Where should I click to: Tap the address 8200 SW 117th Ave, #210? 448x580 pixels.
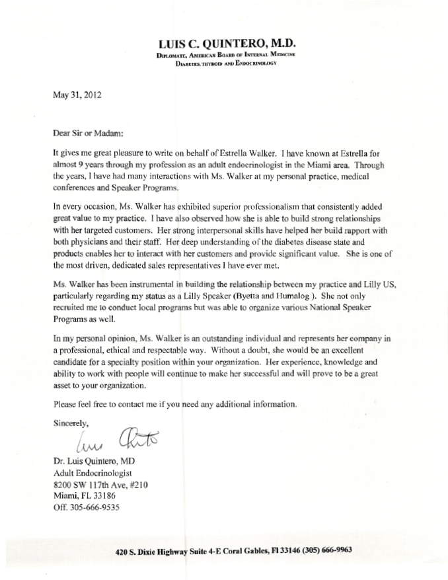point(99,485)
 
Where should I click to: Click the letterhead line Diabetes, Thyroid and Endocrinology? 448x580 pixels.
point(225,63)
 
